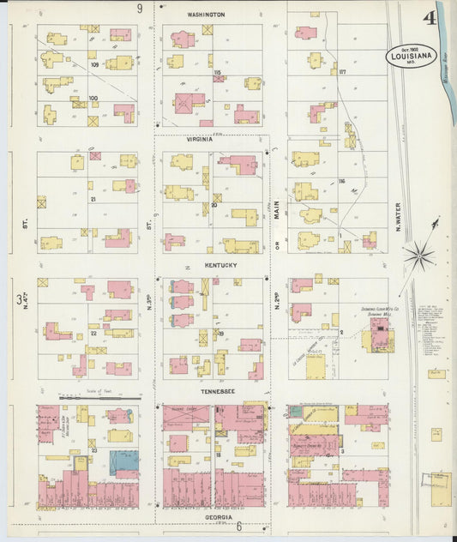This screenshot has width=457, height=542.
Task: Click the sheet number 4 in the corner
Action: (428, 19)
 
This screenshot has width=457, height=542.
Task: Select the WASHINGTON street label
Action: (206, 15)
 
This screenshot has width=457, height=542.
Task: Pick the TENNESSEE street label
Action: (219, 392)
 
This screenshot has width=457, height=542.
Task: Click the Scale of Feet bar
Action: (99, 398)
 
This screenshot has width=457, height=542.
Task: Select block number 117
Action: (342, 71)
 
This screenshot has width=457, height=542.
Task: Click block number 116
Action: (341, 183)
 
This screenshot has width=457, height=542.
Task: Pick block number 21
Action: (92, 198)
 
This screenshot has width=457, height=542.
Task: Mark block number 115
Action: (218, 72)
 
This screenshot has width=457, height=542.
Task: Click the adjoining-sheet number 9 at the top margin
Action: (140, 8)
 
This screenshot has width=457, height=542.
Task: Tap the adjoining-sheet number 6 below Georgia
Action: (239, 526)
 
